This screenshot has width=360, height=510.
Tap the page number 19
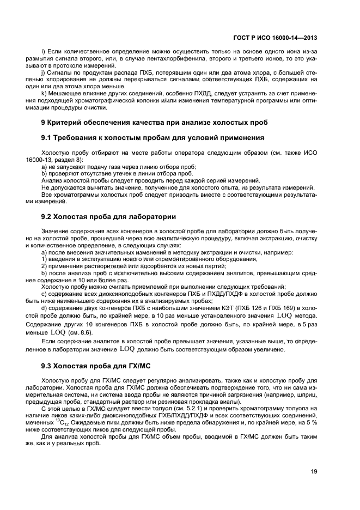coord(313,472)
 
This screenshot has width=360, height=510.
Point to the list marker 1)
coord(44,259)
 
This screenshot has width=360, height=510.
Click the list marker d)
coord(44,308)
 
